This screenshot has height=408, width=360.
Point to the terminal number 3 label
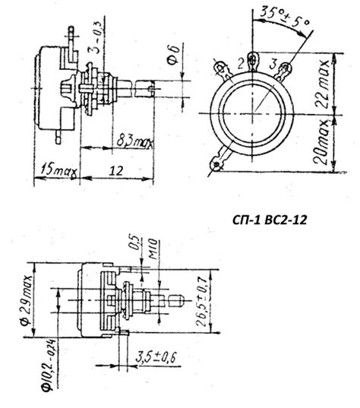click(x=271, y=62)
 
